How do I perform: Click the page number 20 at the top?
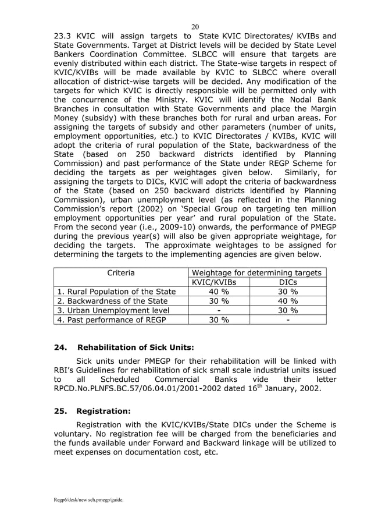[195, 26]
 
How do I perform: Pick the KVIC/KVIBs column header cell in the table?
[219, 282]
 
